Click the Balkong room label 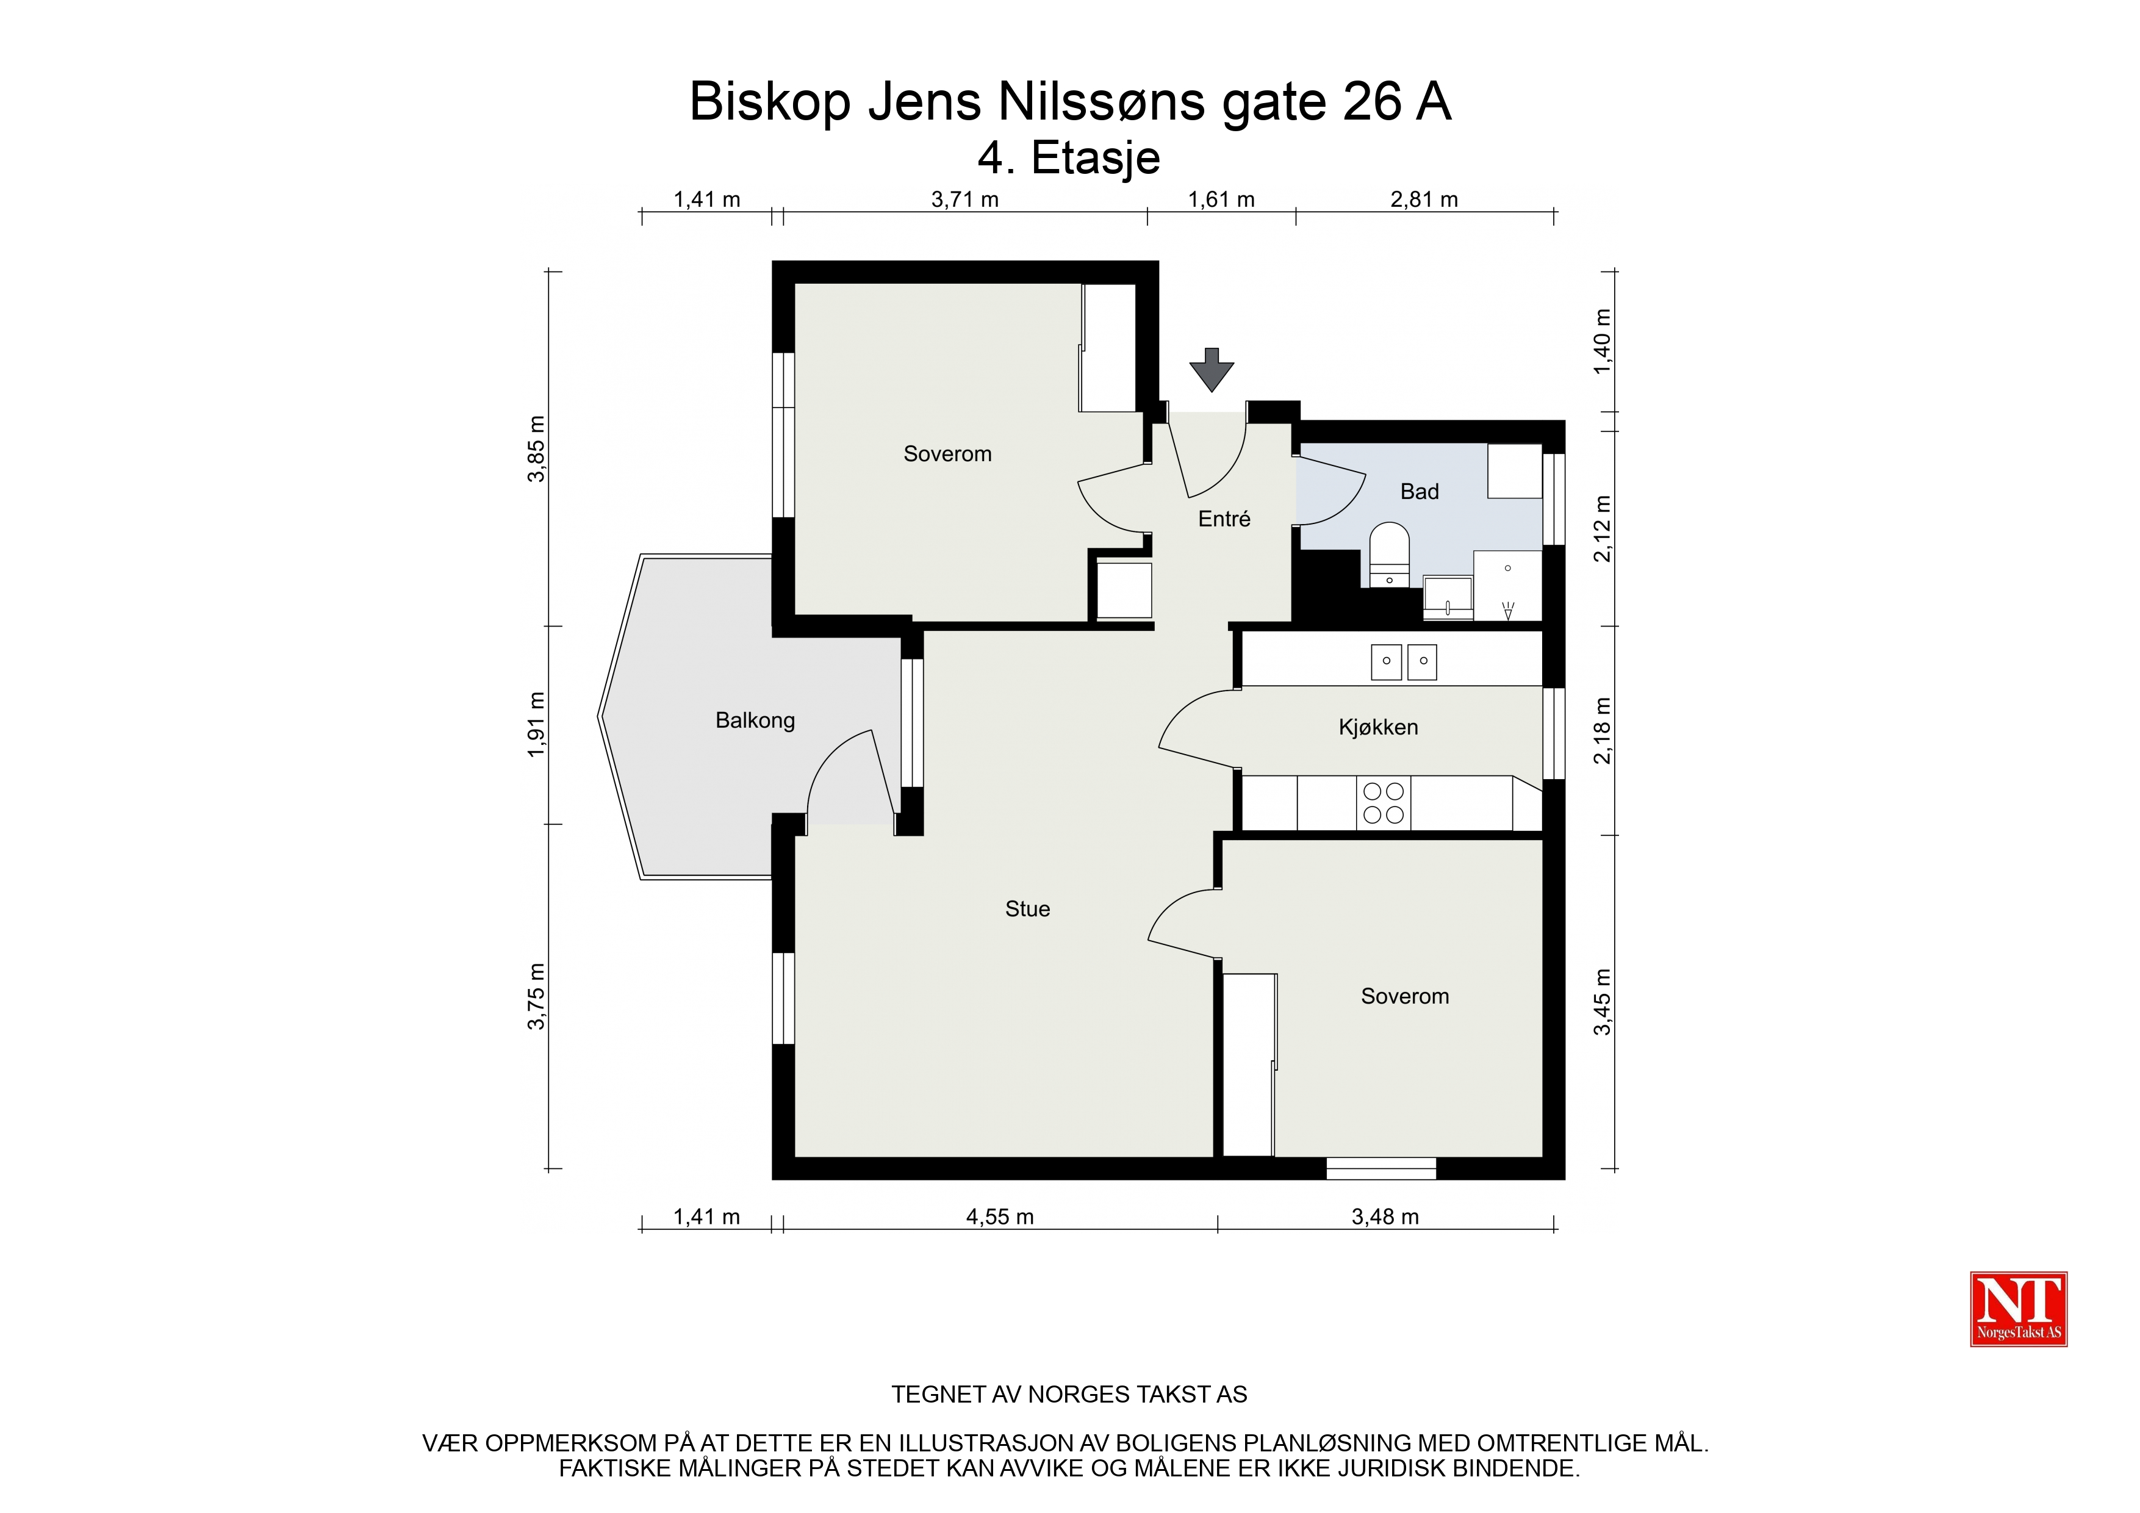755,721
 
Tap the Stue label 1027,909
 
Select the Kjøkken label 1379,727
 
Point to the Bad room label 1420,491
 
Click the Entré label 1224,519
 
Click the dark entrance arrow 1212,370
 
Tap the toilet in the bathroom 1389,555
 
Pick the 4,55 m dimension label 999,1217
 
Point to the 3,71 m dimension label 964,199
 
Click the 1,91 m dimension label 536,724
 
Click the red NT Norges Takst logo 2018,1309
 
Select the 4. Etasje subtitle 1069,159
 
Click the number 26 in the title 1372,102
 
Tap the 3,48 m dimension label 1385,1217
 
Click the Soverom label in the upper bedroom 947,454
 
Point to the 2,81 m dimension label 1424,199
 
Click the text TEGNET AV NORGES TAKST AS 1069,1395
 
